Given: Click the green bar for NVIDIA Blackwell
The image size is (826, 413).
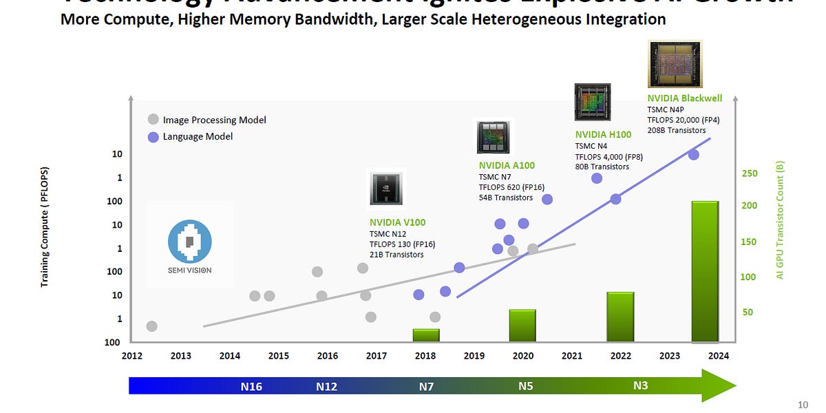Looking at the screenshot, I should pos(705,271).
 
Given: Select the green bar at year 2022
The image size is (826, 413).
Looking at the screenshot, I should pos(620,317).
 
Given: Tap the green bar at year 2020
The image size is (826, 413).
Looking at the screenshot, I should pos(522,326).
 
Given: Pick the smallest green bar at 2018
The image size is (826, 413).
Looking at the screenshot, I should pos(425,335).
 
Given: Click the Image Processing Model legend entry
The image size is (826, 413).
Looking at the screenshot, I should pos(214,120).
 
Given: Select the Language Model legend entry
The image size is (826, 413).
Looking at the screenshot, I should pos(198,136).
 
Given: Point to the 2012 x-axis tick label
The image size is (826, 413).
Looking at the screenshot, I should pos(132,356).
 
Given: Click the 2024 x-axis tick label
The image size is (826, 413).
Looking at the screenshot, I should pos(718,356).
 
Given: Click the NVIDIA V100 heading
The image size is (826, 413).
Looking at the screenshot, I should pos(397,222).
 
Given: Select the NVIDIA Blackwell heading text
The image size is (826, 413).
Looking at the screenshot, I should pos(684,98).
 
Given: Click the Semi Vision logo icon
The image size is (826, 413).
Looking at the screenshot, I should pos(190,242).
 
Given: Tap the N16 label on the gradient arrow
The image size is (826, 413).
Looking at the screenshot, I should pos(251,387).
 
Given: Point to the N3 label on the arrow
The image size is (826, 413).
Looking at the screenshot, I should pos(640,386).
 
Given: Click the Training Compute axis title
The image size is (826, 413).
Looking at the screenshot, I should pos(45,227).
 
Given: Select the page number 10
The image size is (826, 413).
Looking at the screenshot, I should pos(803,405).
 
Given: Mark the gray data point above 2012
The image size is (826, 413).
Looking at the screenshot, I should pos(151,326).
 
